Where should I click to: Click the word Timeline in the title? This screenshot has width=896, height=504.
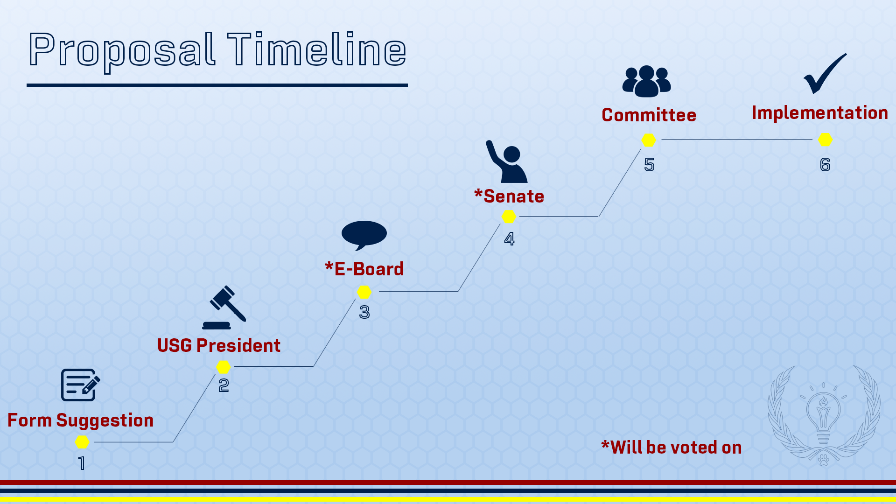(317, 49)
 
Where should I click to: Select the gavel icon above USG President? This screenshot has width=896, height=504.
(224, 308)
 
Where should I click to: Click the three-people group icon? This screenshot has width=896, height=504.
(646, 81)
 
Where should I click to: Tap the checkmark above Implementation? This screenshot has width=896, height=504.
(825, 74)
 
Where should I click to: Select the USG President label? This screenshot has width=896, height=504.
(219, 346)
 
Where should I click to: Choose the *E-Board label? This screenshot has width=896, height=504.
(364, 269)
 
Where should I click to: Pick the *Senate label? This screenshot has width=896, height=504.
(509, 196)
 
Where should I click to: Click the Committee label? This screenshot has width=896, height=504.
(649, 115)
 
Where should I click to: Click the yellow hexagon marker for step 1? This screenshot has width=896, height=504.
(82, 442)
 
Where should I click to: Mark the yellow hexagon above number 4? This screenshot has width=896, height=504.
(509, 217)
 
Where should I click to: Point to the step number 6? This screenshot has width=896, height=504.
(825, 165)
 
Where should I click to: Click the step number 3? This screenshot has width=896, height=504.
(364, 312)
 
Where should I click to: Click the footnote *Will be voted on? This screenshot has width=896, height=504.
(672, 448)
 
